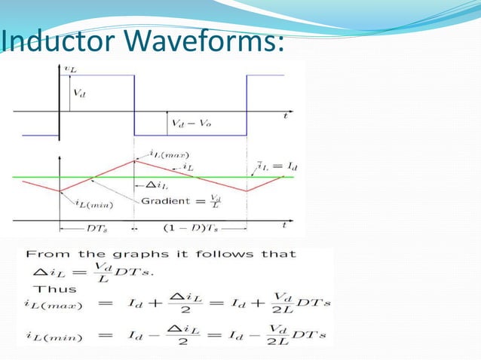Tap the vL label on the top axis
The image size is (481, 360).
pos(70,68)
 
